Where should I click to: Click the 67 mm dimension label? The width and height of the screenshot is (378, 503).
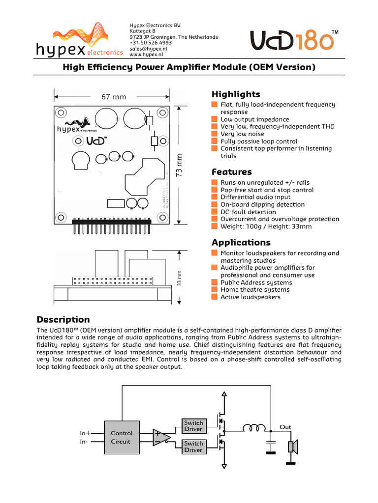[x=114, y=97]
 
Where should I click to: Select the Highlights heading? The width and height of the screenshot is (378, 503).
[x=236, y=94]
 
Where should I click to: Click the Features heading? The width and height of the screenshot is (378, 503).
[x=231, y=171]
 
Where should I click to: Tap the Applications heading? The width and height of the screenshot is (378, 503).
[x=241, y=242]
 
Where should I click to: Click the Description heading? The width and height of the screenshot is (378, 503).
[x=63, y=319]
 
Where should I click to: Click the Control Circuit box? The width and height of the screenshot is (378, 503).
[x=121, y=437]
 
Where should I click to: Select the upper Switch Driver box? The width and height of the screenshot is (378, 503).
[x=193, y=426]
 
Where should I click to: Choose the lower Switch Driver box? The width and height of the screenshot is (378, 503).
[x=193, y=447]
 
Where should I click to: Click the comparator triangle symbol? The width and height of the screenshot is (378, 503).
[x=161, y=437]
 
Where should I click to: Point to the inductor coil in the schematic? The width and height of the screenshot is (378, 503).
[x=254, y=429]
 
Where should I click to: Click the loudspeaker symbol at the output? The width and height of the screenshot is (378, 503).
[x=292, y=447]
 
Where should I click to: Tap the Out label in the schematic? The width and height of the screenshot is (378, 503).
[x=285, y=427]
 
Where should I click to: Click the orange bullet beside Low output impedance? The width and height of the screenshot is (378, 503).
[x=214, y=119]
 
